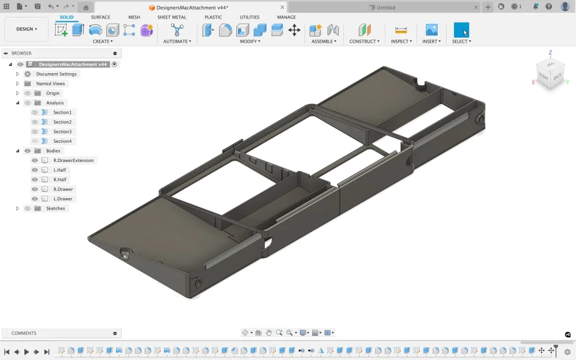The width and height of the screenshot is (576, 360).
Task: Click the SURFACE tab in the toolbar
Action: pos(100,17)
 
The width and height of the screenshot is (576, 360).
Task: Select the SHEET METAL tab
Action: pos(172,17)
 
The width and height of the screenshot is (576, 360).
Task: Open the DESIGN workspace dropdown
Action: pos(26,29)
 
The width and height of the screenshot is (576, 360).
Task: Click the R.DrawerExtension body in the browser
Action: pos(74,161)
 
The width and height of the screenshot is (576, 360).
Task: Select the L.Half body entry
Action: pos(59,170)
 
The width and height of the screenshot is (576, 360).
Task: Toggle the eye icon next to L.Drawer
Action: pos(35,199)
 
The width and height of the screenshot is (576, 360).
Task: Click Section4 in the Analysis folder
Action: pos(62,141)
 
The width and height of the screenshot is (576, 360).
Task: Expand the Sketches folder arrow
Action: pos(17,209)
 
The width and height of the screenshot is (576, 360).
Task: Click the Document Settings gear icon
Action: pos(28,74)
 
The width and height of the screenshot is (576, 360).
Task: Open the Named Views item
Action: pos(50,84)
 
